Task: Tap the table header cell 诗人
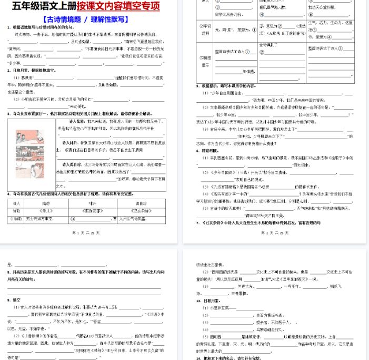16,202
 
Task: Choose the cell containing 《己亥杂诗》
141,210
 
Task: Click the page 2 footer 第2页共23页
275,232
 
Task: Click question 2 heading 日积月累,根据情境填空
32,70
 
